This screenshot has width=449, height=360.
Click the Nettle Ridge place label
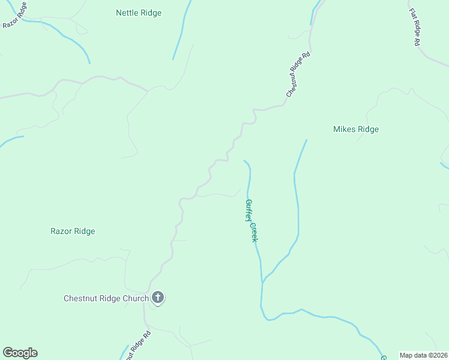click(138, 13)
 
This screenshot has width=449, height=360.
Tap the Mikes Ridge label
click(356, 129)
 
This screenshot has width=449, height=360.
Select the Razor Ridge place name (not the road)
click(73, 231)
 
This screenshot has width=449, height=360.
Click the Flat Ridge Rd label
click(415, 28)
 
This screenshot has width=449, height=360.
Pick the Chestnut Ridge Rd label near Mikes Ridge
click(298, 74)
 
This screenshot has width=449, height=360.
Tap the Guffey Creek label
click(252, 220)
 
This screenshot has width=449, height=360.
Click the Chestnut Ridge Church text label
click(106, 298)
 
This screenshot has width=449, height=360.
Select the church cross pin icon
click(158, 298)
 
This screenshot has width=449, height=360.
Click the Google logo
click(20, 353)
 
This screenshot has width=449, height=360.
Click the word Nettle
click(127, 13)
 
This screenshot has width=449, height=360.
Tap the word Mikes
click(345, 129)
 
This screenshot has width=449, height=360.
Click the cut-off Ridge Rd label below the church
click(136, 347)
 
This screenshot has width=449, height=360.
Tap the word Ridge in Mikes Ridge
click(368, 129)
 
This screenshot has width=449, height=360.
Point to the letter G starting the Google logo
click(8, 352)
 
